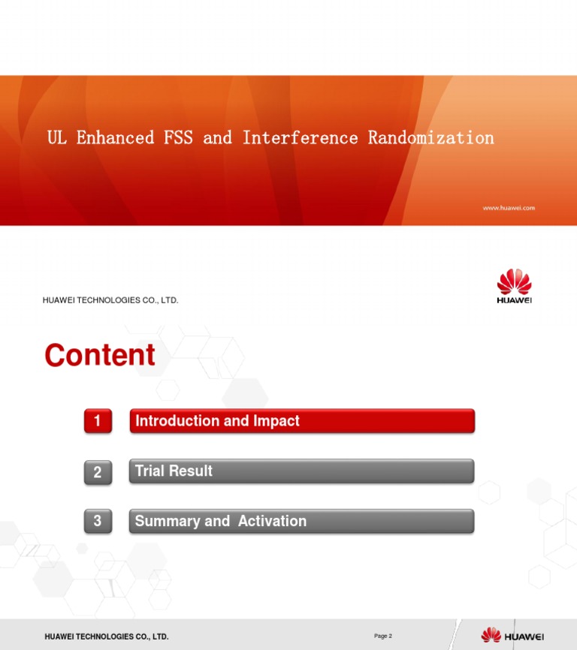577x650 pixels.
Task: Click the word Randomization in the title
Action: pos(430,138)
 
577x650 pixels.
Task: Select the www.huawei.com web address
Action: pos(509,208)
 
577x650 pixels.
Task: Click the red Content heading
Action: pos(100,355)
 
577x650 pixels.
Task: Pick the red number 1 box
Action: pos(98,422)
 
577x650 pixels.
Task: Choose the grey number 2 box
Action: pos(98,472)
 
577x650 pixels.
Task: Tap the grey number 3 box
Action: pos(98,522)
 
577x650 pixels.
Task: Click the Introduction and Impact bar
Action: pos(301,421)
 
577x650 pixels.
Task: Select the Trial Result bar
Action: pos(301,471)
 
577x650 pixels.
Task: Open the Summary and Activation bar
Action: pos(301,521)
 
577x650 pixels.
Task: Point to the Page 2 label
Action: pos(383,636)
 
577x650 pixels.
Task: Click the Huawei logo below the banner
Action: pos(514,287)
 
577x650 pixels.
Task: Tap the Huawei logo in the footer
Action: pos(512,636)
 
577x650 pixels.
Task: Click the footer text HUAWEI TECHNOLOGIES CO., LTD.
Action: pos(107,637)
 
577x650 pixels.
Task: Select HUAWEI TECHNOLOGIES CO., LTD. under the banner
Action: pos(111,300)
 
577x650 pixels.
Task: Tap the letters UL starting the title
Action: pos(56,138)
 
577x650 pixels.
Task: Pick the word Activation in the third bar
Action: pos(272,521)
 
